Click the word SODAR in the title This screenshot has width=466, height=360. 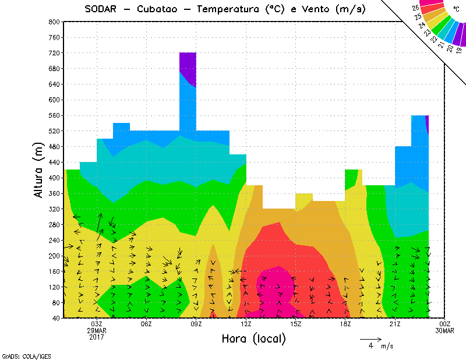[101, 9]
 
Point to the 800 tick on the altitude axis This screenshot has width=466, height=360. [55, 22]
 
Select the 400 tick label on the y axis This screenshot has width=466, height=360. [55, 178]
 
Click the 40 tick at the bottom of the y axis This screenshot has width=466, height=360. [57, 319]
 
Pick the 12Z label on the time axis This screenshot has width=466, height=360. [246, 324]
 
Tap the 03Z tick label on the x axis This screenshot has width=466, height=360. [97, 324]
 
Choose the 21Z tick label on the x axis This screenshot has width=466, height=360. [395, 324]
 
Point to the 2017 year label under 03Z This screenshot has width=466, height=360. [97, 337]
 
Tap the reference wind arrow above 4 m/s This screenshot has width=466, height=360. [370, 338]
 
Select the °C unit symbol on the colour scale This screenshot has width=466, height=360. [456, 10]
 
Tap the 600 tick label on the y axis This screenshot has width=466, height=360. [55, 100]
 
